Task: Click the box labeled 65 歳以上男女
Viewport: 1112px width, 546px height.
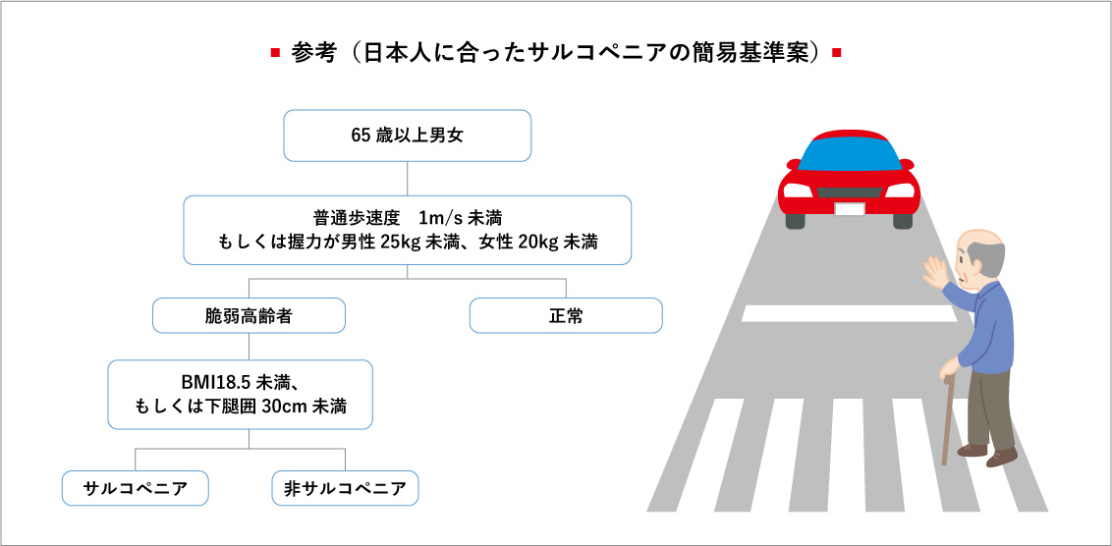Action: pos(407,136)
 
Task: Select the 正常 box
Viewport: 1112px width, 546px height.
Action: pos(566,316)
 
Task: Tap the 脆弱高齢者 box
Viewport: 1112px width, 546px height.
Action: pos(250,316)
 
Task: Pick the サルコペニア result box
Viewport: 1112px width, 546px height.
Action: pos(135,488)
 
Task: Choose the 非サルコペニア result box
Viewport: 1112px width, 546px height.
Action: pos(345,488)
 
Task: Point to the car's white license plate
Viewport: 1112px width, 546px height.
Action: pos(849,208)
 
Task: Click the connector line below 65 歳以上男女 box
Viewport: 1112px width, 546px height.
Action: pos(407,178)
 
